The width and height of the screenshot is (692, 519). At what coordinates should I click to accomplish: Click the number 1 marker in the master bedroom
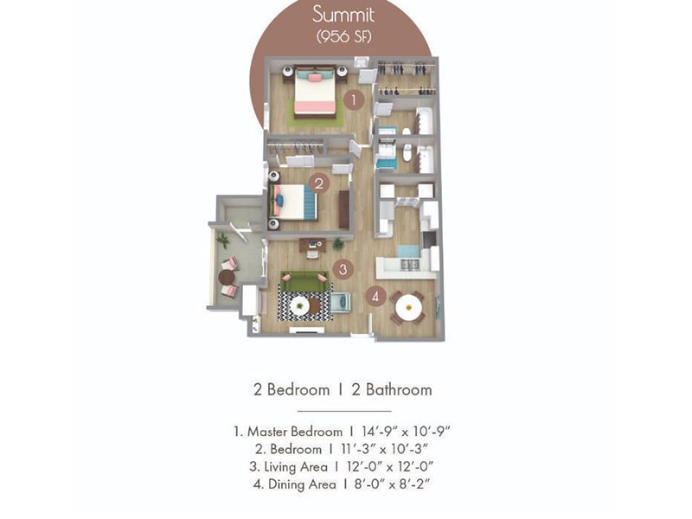[x=352, y=100]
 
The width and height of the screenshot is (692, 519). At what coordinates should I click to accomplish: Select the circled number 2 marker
[x=317, y=183]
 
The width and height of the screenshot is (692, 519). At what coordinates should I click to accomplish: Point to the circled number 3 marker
[x=343, y=269]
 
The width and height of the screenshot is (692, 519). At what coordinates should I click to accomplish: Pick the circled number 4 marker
[x=375, y=296]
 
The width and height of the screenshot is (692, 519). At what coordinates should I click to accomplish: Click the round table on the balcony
[x=227, y=277]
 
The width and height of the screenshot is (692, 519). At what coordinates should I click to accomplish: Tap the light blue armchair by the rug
[x=340, y=302]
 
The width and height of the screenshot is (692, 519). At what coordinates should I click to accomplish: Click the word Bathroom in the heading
[x=399, y=389]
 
